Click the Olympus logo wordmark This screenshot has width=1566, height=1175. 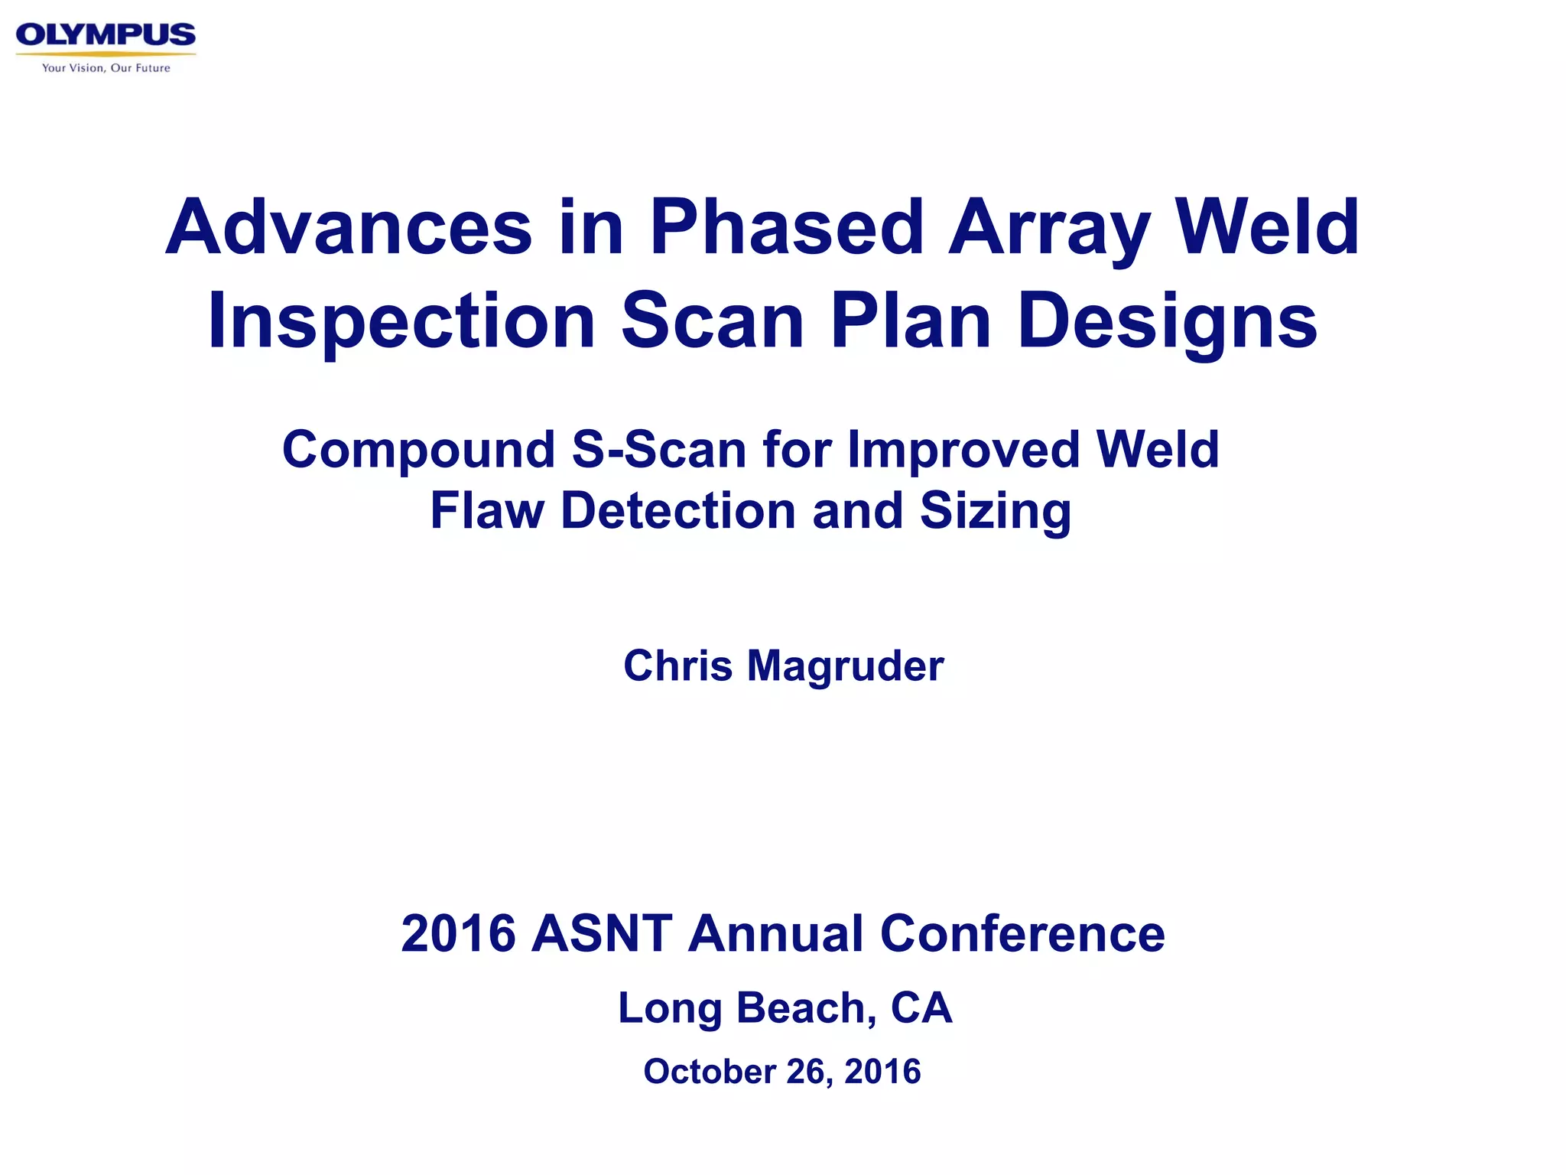coord(106,35)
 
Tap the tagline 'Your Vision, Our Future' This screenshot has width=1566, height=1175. coord(106,68)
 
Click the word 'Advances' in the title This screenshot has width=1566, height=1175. coord(349,227)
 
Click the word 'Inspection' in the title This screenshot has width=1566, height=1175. coord(401,321)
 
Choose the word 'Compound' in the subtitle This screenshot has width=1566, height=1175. coord(418,450)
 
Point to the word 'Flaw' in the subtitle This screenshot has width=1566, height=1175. coord(486,510)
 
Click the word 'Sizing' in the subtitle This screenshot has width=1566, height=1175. coord(996,512)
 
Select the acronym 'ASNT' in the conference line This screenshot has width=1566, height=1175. coord(602,934)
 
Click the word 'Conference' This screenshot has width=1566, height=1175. coord(1022,934)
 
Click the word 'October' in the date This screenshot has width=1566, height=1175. coord(710,1071)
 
